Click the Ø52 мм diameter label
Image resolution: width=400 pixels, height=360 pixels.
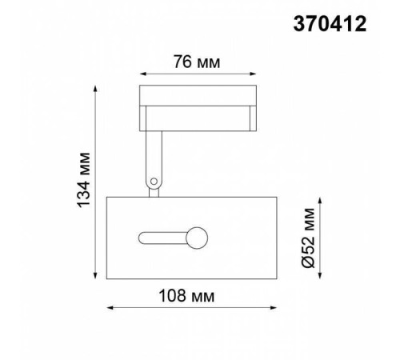[311, 237]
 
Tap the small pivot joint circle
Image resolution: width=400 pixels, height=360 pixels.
[152, 184]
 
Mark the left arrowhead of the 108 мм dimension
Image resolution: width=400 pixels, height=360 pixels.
[110, 308]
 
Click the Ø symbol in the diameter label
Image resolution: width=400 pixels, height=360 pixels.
[311, 262]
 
